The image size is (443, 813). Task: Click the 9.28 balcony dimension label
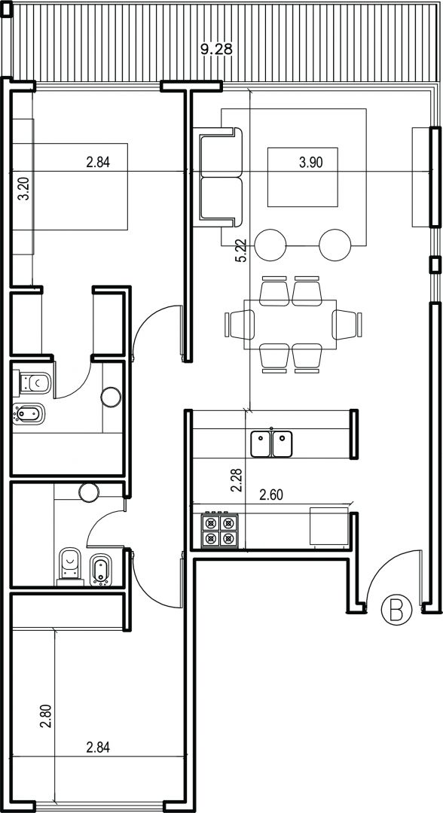click(x=216, y=49)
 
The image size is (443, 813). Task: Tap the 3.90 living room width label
click(x=310, y=163)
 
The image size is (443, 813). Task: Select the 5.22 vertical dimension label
click(x=240, y=251)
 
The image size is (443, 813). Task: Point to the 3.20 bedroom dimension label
click(x=23, y=189)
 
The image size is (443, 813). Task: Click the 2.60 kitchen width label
click(x=270, y=495)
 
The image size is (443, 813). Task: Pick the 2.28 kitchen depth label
click(x=237, y=480)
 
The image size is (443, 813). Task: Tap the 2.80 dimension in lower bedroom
click(x=46, y=716)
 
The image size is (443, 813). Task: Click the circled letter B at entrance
click(x=396, y=609)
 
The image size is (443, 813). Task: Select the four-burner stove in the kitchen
click(x=219, y=530)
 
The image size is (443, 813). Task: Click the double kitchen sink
click(x=271, y=444)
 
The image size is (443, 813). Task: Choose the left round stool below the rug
click(x=270, y=245)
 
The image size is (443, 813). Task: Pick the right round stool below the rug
click(x=335, y=245)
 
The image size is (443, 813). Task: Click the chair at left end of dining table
click(x=240, y=324)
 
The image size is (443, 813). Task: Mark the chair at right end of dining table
click(x=347, y=324)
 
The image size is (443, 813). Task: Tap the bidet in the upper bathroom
click(x=29, y=414)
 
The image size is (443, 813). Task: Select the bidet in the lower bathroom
click(x=101, y=570)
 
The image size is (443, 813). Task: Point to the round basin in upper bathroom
click(x=111, y=397)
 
